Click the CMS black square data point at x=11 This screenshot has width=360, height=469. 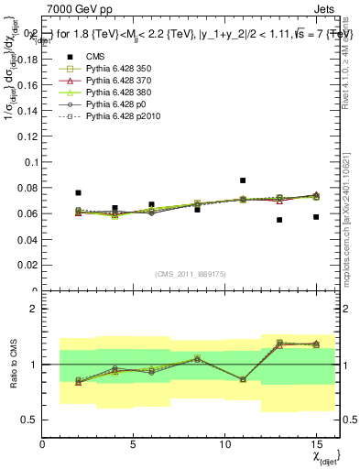pos(243,180)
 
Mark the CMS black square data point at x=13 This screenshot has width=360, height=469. pos(279,220)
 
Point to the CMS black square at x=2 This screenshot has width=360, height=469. pos(79,193)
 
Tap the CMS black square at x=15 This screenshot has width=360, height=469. pos(316,217)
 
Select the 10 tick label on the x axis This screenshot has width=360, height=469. pos(225,443)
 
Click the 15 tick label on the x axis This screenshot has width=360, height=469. pos(316,443)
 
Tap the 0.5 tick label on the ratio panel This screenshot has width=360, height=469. pos(29,420)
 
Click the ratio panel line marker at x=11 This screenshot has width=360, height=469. pos(243,379)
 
